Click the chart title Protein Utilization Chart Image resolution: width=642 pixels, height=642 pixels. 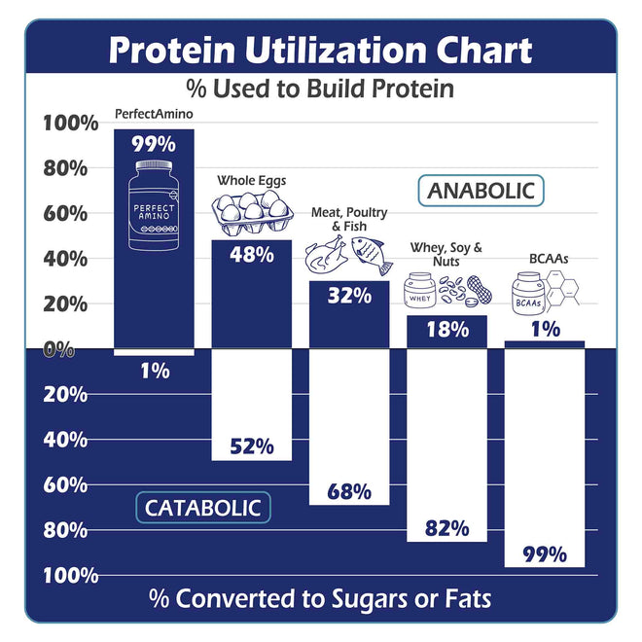pyautogui.click(x=320, y=51)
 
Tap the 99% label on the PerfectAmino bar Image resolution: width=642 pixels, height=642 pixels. pyautogui.click(x=154, y=144)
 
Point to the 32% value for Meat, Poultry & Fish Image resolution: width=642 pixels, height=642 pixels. pyautogui.click(x=349, y=296)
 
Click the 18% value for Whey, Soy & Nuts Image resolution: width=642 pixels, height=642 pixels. pyautogui.click(x=446, y=329)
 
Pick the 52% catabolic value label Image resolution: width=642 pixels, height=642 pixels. pyautogui.click(x=252, y=446)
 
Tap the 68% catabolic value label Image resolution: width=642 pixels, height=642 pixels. pyautogui.click(x=349, y=491)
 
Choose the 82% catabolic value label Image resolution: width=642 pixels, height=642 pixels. pyautogui.click(x=446, y=528)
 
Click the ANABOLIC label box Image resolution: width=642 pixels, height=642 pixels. pyautogui.click(x=481, y=190)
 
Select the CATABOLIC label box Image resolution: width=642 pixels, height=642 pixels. pyautogui.click(x=202, y=507)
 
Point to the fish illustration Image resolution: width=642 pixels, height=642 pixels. pyautogui.click(x=372, y=255)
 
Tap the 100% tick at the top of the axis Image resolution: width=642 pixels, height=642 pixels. pyautogui.click(x=70, y=124)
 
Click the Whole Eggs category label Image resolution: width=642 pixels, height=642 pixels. pyautogui.click(x=252, y=180)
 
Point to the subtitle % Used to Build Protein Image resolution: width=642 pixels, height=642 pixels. pyautogui.click(x=320, y=89)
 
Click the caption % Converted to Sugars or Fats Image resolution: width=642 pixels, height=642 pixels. pyautogui.click(x=320, y=598)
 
